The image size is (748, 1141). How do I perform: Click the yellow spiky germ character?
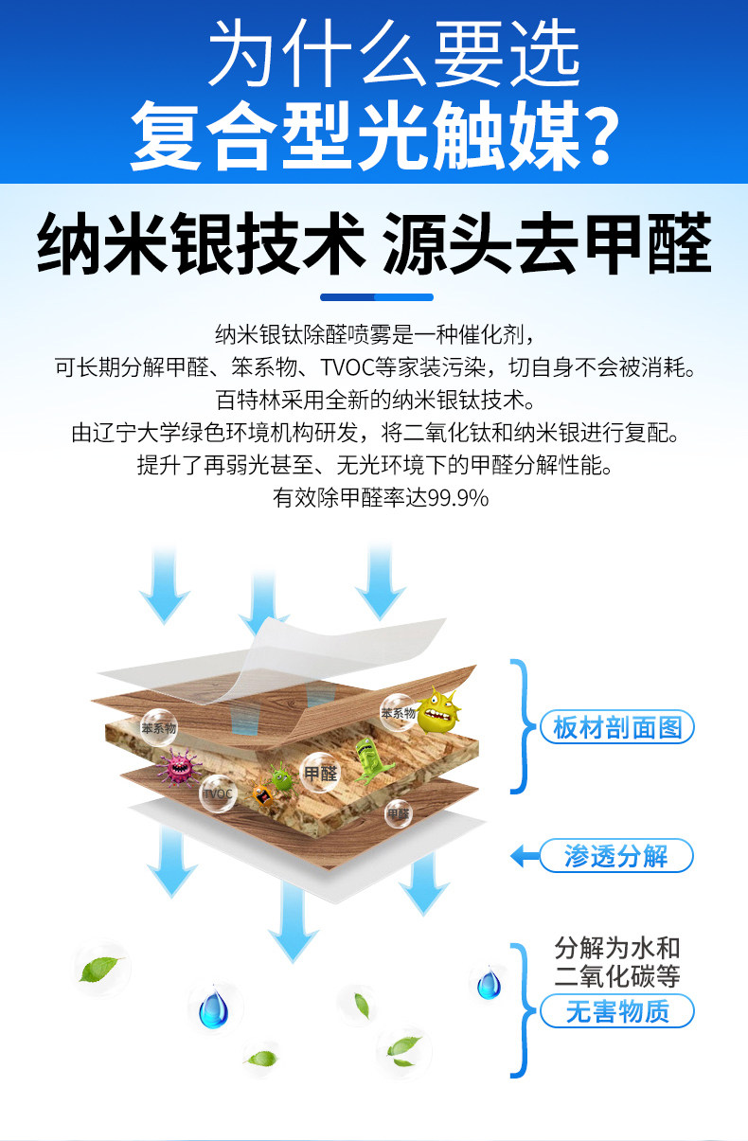pos(436,709)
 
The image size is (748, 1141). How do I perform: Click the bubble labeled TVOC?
pos(218,793)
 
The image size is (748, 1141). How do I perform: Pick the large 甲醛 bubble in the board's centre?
pos(320,772)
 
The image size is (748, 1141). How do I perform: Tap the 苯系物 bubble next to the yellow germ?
pos(398,712)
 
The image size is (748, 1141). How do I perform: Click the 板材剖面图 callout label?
pos(616,727)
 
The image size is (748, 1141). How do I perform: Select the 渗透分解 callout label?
pos(616,857)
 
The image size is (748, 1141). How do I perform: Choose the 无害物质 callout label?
pos(616,1011)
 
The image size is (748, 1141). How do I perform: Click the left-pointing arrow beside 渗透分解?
pos(519,857)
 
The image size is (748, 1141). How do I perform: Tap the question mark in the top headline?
pos(595,135)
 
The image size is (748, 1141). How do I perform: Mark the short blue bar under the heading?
pos(376,297)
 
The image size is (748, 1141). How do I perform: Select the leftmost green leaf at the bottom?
pos(99,968)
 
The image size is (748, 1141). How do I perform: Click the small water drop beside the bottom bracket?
pos(489,984)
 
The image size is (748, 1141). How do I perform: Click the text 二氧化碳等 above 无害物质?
pos(616,977)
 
